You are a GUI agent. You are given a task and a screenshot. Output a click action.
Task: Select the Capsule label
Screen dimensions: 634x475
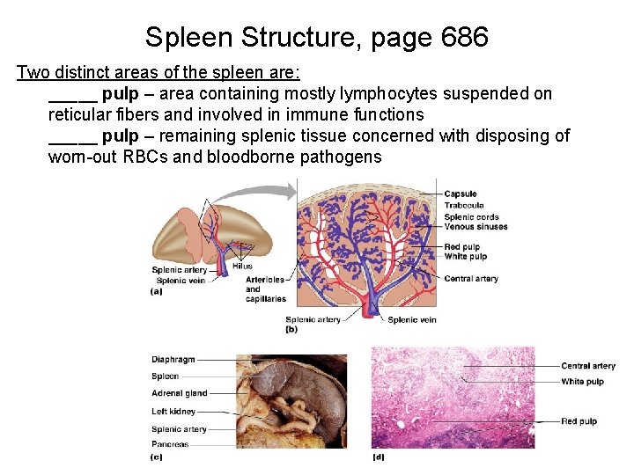point(460,194)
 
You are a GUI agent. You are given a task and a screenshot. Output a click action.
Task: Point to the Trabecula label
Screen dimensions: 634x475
point(463,206)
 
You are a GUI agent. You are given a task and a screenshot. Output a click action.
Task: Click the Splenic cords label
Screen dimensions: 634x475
point(471,216)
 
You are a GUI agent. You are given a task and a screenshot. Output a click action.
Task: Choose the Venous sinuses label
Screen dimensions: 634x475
point(475,227)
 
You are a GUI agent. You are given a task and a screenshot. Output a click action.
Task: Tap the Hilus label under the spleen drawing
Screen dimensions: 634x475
point(242,266)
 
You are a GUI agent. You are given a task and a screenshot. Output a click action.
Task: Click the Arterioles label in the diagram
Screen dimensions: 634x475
point(265,280)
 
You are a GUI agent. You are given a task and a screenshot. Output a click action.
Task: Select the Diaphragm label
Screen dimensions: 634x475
point(173,359)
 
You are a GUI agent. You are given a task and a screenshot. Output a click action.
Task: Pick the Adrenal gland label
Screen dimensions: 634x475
point(180,393)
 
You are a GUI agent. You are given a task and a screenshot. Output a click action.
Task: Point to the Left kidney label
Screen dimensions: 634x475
point(173,411)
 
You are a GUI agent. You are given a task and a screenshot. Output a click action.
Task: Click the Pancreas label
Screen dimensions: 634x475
point(170,444)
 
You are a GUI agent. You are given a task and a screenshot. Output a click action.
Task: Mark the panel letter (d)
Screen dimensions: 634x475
point(379,457)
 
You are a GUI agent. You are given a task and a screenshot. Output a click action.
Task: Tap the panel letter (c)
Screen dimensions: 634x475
point(157,457)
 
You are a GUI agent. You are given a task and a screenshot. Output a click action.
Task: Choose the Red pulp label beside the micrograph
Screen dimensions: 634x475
point(579,421)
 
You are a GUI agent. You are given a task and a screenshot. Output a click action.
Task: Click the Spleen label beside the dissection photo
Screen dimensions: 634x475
point(165,376)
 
